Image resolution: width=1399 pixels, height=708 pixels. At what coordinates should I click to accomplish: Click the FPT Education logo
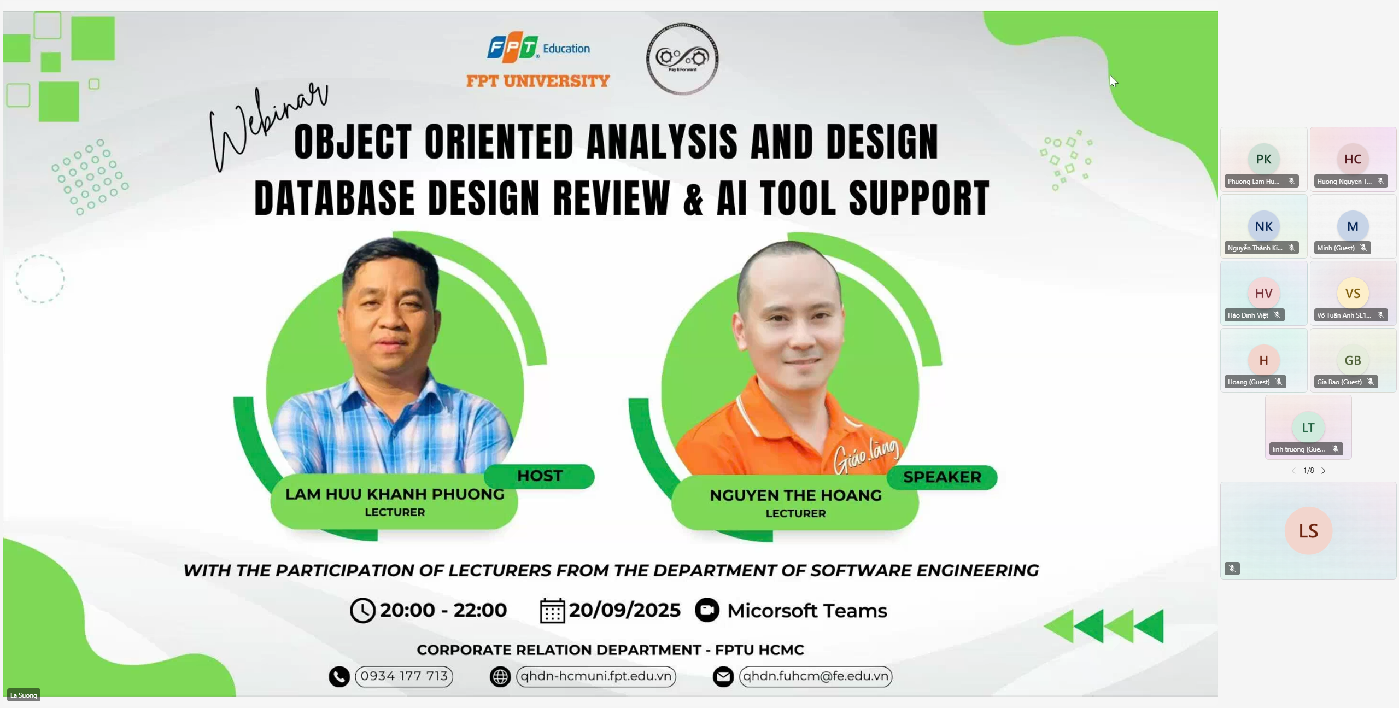click(538, 48)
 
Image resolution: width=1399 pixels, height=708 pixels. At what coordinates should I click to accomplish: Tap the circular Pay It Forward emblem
click(682, 58)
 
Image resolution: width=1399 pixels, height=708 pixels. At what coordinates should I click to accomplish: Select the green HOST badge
click(539, 476)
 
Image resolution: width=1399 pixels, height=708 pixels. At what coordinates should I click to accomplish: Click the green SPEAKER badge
click(942, 477)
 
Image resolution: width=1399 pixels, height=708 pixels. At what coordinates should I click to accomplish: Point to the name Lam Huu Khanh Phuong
click(395, 494)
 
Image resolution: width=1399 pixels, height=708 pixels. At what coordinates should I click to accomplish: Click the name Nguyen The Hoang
click(795, 495)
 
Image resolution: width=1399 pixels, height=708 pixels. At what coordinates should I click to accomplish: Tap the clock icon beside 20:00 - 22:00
click(362, 610)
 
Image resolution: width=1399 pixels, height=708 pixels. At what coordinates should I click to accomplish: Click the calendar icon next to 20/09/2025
click(552, 611)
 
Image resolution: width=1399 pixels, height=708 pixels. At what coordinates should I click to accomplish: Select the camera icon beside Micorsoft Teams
click(707, 610)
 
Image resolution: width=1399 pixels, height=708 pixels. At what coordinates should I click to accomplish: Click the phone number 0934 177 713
click(404, 676)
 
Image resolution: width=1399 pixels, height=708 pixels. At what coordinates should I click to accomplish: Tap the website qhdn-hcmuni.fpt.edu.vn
click(596, 676)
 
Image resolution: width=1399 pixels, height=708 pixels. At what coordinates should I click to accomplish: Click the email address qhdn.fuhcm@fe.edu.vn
click(816, 676)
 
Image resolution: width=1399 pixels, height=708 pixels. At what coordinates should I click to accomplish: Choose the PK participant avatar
click(1263, 159)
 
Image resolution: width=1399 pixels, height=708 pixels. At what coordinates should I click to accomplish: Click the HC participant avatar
click(1353, 159)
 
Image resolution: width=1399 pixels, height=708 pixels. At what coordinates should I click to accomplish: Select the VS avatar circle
click(1353, 294)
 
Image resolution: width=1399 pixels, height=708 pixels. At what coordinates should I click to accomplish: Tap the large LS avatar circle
click(1308, 531)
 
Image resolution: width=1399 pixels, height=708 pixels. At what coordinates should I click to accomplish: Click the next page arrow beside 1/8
click(1324, 471)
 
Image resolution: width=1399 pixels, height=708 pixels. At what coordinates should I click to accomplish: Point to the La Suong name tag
click(24, 695)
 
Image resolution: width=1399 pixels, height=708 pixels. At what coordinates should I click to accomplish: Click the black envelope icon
click(723, 677)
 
